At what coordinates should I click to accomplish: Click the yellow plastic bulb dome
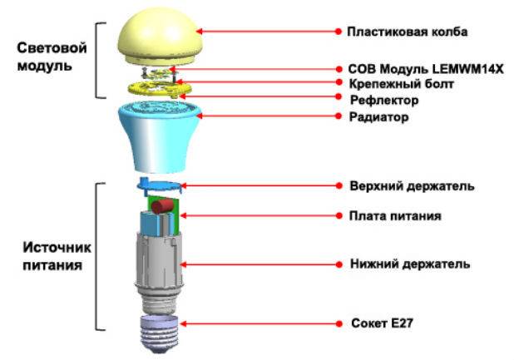point(160,37)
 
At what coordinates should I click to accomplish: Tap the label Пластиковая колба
point(408,32)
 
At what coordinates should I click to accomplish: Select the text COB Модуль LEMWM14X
point(426,69)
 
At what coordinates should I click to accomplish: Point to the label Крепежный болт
point(401,84)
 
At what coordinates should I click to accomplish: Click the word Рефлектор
point(384,100)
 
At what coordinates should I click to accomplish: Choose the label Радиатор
point(378,116)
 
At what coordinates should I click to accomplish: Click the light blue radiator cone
point(160,136)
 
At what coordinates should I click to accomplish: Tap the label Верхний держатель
point(412,185)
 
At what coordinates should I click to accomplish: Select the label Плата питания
point(395,216)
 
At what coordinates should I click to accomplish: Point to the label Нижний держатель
point(410,264)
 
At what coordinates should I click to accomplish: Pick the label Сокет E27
point(382,323)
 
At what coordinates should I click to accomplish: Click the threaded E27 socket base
point(160,333)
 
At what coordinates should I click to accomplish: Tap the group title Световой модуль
point(52,57)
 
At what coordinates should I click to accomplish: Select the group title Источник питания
point(57,256)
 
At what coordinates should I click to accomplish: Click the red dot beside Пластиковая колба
point(339,32)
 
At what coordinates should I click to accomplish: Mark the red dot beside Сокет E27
point(339,323)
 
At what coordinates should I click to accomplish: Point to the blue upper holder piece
point(159,185)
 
